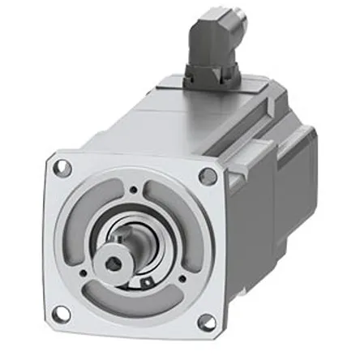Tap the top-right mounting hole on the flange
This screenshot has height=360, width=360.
pyautogui.click(x=208, y=176)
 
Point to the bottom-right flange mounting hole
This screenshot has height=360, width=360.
pyautogui.click(x=206, y=322)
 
